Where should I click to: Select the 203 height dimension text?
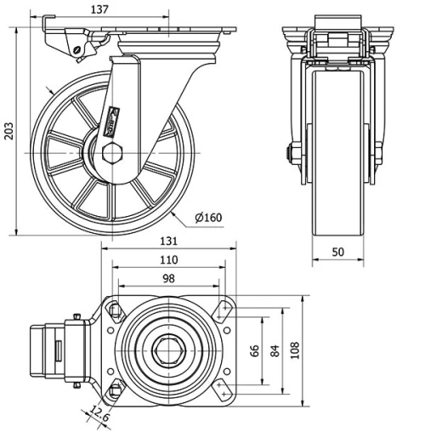(x=9, y=130)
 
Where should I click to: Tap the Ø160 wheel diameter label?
(x=208, y=218)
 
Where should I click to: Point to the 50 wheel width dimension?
(x=338, y=253)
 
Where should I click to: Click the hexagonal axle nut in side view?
(x=111, y=155)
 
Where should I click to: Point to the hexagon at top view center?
(x=168, y=350)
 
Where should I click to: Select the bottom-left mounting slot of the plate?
(x=115, y=391)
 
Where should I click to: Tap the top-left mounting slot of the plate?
(x=115, y=309)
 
